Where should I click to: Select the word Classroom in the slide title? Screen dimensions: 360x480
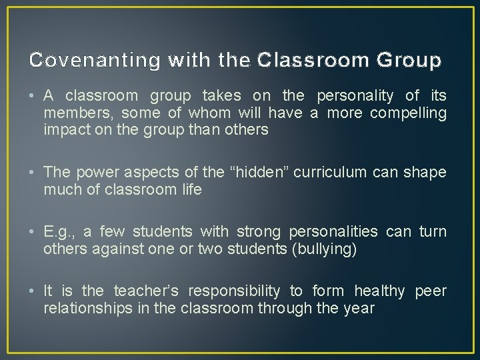(x=294, y=61)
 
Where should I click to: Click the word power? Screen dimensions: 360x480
(x=93, y=173)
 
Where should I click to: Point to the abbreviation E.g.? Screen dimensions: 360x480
(x=59, y=232)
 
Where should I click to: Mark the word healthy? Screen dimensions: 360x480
(x=379, y=291)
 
